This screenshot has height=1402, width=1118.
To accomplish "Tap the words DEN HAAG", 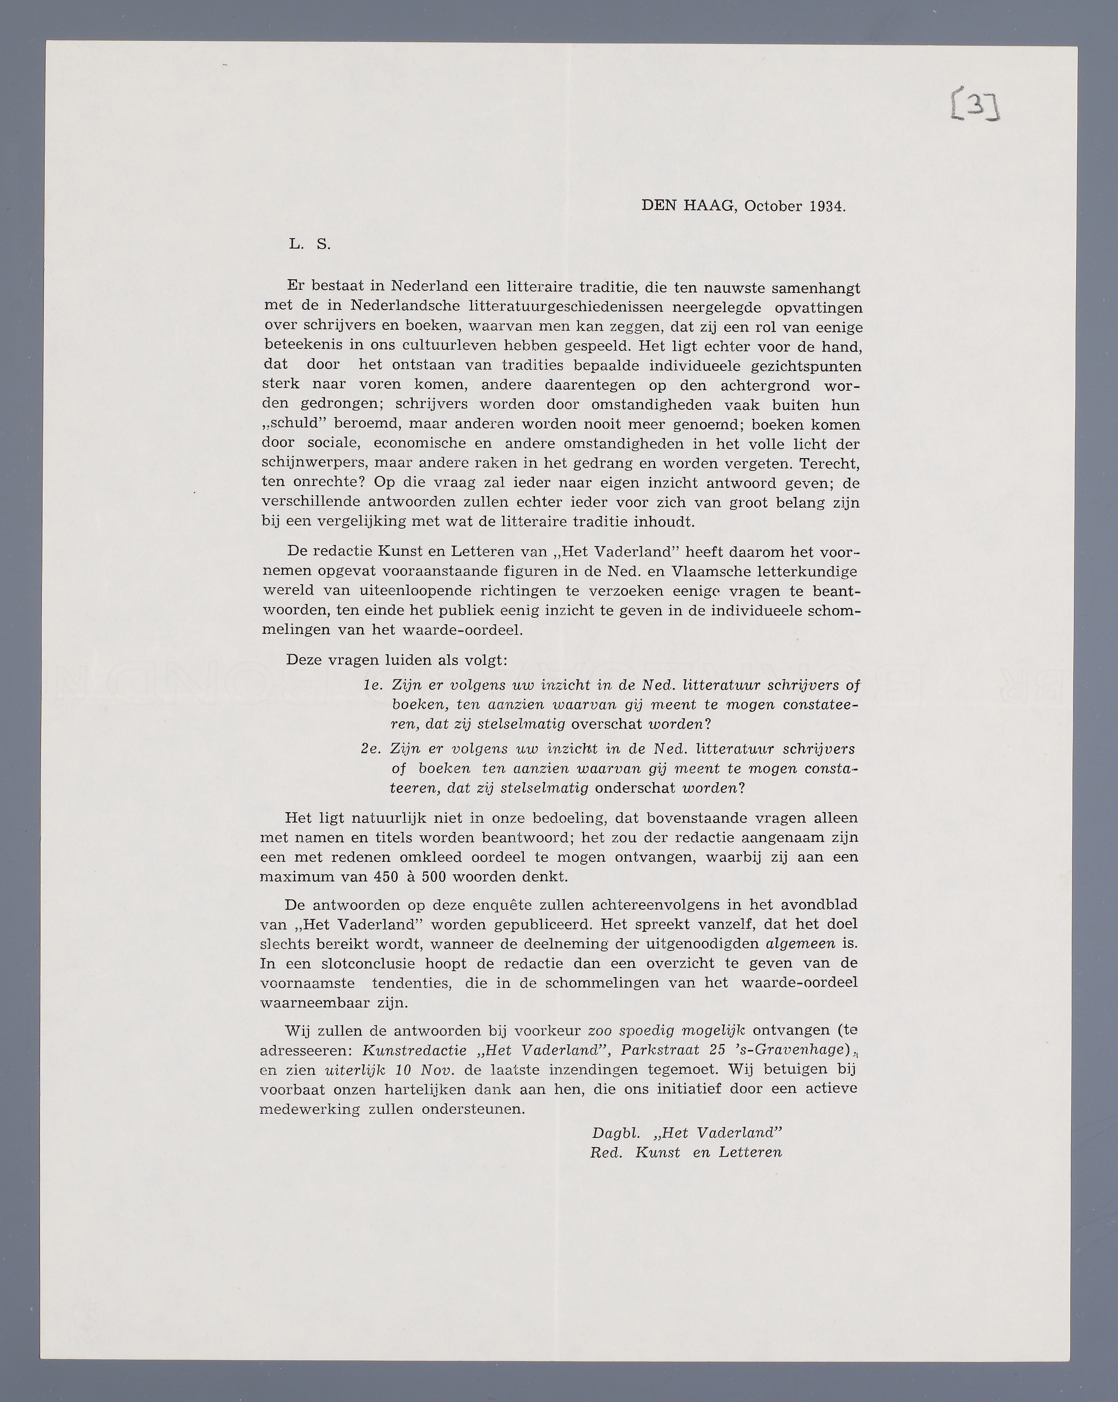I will (x=688, y=206).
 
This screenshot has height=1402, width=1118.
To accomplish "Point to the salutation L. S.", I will (x=310, y=245).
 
